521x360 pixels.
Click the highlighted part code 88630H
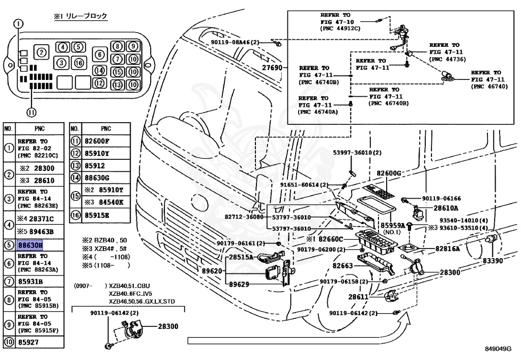tap(30, 245)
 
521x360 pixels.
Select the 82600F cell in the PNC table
tap(97, 141)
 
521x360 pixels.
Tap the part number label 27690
tap(272, 68)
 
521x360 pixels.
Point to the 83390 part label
tap(493, 261)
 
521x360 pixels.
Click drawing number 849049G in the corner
tap(498, 349)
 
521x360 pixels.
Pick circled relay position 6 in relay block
tap(100, 54)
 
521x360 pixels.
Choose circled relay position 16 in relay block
tap(79, 63)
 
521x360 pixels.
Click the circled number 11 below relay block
tap(31, 113)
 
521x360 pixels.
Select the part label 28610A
tap(446, 208)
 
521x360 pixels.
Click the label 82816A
tap(448, 248)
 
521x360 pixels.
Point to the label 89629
tap(239, 284)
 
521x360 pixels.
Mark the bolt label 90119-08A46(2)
tap(235, 43)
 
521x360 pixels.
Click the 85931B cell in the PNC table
tap(30, 282)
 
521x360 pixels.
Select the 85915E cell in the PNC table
tap(97, 215)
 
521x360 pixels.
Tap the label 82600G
tap(389, 173)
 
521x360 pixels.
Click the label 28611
tap(358, 296)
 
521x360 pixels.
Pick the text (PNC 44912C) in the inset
tap(340, 29)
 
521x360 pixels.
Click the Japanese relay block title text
tap(80, 16)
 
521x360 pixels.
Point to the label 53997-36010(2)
tap(357, 153)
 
